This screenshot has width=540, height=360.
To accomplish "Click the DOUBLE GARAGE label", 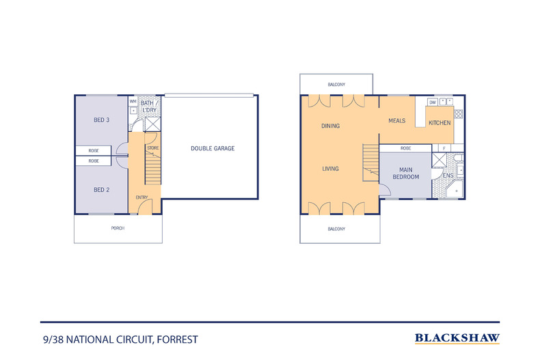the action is [x=213, y=148].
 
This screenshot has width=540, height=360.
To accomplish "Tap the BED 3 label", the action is [x=102, y=120].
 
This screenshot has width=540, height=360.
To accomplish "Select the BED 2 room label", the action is [x=102, y=190].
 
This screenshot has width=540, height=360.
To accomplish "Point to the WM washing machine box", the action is [x=133, y=102].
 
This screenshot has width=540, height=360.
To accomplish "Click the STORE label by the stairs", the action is [x=153, y=148].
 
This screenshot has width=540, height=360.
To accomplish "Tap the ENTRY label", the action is [x=142, y=197].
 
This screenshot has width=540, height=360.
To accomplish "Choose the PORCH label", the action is [x=118, y=228].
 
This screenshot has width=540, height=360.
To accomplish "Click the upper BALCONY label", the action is [x=336, y=84].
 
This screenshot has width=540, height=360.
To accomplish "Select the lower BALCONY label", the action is [x=336, y=229].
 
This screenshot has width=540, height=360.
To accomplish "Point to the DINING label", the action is [x=331, y=126].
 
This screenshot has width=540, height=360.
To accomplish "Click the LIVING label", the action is [x=331, y=169].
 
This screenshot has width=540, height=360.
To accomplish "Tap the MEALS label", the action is [x=396, y=121].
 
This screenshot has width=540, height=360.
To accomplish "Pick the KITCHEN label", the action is [x=440, y=123].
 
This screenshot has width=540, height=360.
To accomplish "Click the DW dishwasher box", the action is [x=433, y=102].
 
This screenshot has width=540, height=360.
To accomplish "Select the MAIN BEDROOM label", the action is [x=406, y=173].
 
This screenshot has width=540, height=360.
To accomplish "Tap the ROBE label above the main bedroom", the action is [x=406, y=148].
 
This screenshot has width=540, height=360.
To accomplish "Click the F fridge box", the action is [x=444, y=148].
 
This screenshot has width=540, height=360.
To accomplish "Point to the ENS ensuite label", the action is [x=448, y=176].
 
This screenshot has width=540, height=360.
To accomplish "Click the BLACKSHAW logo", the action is [x=457, y=338].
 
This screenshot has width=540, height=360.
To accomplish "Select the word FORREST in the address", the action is [x=177, y=340].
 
